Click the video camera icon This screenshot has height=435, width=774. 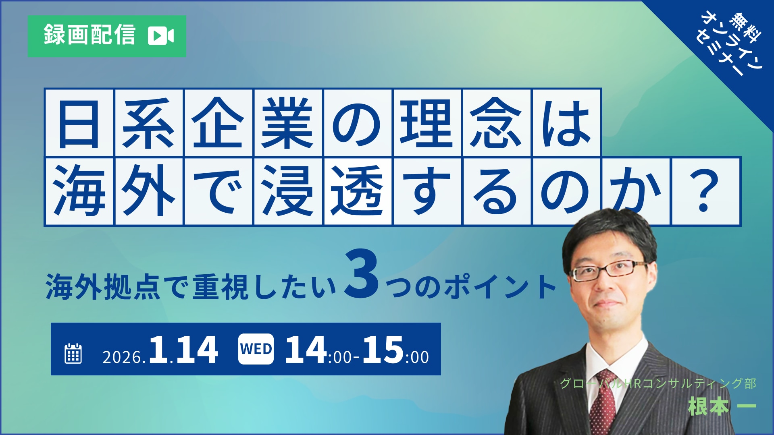click(161, 36)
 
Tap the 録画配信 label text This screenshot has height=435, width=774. click(89, 35)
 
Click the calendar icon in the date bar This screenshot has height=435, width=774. click(73, 354)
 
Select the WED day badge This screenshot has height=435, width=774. click(256, 349)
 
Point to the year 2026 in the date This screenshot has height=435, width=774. click(122, 357)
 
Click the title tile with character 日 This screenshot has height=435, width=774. click(79, 122)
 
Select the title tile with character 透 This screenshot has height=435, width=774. click(357, 191)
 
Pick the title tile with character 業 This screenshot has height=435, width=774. click(288, 122)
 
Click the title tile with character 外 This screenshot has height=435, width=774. click(149, 191)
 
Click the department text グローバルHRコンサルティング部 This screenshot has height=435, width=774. click(658, 383)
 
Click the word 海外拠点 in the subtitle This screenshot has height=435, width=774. click(104, 287)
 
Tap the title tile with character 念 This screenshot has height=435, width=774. click(496, 122)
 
